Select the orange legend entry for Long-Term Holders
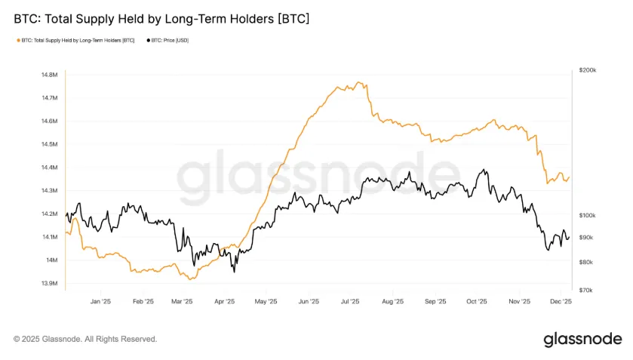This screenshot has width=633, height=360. tap(75, 40)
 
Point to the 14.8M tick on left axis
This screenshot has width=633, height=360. tap(49, 75)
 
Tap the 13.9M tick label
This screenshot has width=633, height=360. tap(49, 283)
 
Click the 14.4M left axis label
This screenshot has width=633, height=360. tap(49, 168)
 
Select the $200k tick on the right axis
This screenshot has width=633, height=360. tap(587, 70)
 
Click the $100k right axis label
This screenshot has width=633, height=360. tap(587, 215)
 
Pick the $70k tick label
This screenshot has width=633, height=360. tap(586, 290)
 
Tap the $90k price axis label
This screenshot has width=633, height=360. tap(586, 237)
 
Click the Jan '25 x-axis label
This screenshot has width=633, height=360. tap(100, 301)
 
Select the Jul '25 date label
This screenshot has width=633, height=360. tap(349, 301)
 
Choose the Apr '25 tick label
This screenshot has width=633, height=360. tap(225, 301)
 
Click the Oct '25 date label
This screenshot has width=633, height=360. tap(476, 301)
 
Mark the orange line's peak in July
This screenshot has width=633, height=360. tap(359, 82)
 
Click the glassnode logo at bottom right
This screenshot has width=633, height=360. tap(582, 339)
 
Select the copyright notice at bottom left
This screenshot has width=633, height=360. tap(85, 339)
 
